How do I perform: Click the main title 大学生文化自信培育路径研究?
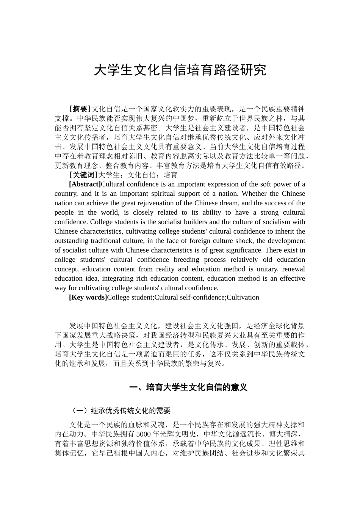pyautogui.click(x=180, y=70)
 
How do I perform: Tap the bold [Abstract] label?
pyautogui.click(x=85, y=184)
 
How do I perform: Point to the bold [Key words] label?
pyautogui.click(x=88, y=297)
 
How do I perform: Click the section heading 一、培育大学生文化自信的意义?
pyautogui.click(x=188, y=387)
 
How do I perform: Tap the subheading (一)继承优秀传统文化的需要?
pyautogui.click(x=121, y=411)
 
